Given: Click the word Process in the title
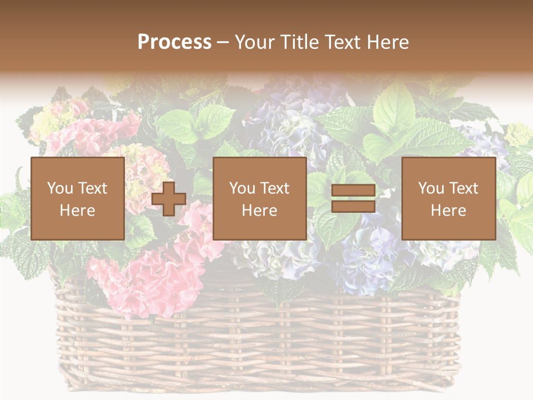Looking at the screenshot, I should tap(174, 42).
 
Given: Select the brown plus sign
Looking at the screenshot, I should tap(169, 199).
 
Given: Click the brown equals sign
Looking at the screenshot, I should tap(353, 199).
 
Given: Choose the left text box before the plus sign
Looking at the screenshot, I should tap(77, 198).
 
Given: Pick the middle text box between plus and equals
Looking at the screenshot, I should tap(259, 198).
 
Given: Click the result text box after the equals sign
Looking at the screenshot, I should tap(448, 198).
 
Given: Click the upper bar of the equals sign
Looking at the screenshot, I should tap(353, 191).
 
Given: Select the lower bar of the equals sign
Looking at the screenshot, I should tap(353, 207).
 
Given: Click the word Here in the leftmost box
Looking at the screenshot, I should tap(77, 211).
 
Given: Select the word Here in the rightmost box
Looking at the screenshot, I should tap(448, 211).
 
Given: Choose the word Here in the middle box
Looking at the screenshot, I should tap(259, 211).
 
